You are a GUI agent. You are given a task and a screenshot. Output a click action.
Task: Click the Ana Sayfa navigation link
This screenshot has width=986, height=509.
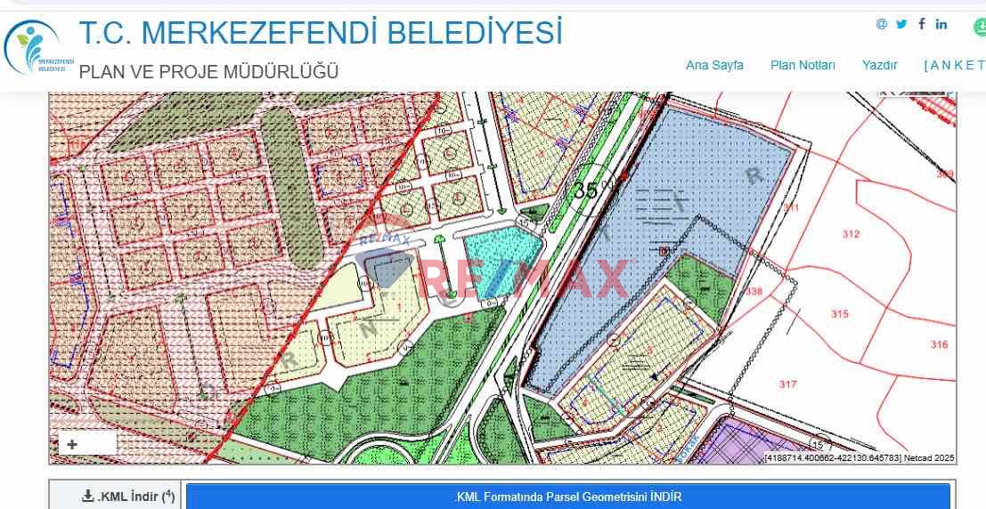714,65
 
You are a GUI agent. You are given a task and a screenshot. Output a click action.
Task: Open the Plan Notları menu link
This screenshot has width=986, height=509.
803,65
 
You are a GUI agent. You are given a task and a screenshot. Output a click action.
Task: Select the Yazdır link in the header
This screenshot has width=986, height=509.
879,65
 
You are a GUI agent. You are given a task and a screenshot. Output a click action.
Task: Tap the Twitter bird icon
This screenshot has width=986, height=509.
901,24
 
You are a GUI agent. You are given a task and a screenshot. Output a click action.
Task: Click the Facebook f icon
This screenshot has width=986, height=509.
922,24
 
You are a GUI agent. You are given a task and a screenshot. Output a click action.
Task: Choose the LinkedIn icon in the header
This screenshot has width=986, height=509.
941,24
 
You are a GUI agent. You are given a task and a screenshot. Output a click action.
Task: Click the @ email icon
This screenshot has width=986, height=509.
882,24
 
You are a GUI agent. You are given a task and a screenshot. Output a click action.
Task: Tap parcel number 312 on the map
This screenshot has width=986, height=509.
851,234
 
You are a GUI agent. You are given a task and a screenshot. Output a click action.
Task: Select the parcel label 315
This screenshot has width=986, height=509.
839,314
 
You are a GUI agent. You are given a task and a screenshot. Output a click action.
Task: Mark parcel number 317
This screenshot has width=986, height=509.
787,384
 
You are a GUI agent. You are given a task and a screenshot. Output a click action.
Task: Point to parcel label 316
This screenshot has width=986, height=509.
939,344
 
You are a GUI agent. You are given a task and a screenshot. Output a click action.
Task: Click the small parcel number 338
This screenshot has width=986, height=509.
754,292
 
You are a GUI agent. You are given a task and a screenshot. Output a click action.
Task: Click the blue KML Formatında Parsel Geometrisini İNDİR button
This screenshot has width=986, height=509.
567,497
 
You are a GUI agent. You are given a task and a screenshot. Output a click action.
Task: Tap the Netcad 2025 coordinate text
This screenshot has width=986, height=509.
859,458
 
